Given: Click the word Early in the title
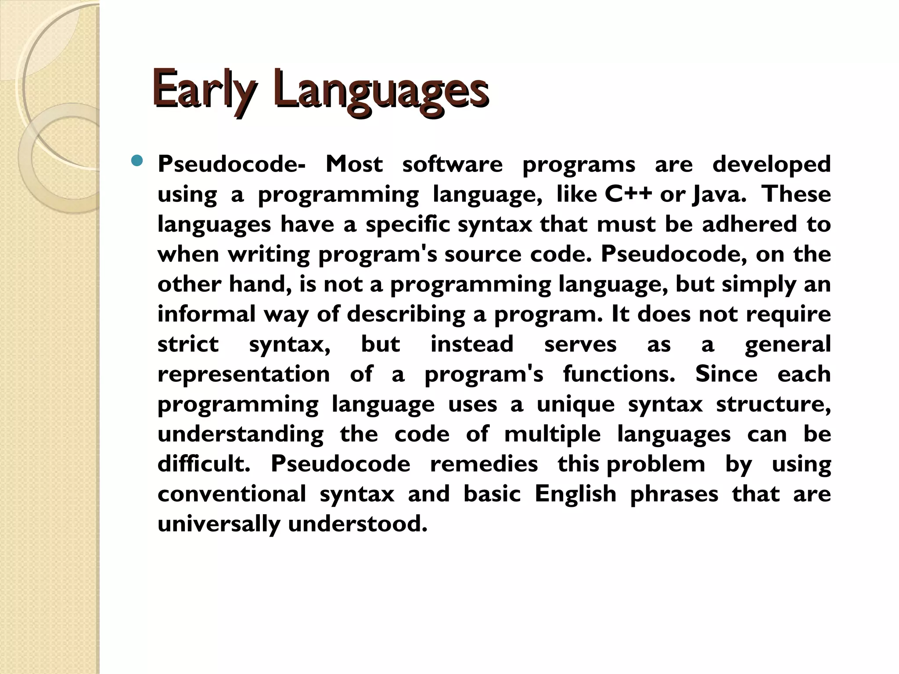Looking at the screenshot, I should coord(202,88).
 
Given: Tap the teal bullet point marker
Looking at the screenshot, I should coord(137,161).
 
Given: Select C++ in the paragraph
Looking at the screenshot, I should coord(628,194).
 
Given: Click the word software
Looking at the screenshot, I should coord(452,165).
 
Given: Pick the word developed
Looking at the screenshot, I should coord(771,165).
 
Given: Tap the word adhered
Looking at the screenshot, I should coord(749,224).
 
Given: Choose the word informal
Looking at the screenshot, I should coord(206,314).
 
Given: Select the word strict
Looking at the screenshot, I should coord(188,344).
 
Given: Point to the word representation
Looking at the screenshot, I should coord(244,374).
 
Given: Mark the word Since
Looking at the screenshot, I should coord(726,374).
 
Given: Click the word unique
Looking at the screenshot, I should coord(575,404).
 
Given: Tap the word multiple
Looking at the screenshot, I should coord(552,434).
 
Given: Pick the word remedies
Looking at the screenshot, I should coord(484,464).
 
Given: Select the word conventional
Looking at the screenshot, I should coord(232,494).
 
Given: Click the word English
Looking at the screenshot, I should coord(575,494).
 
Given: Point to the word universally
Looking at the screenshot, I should coord(219,524).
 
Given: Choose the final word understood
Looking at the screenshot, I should coord(357,524).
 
